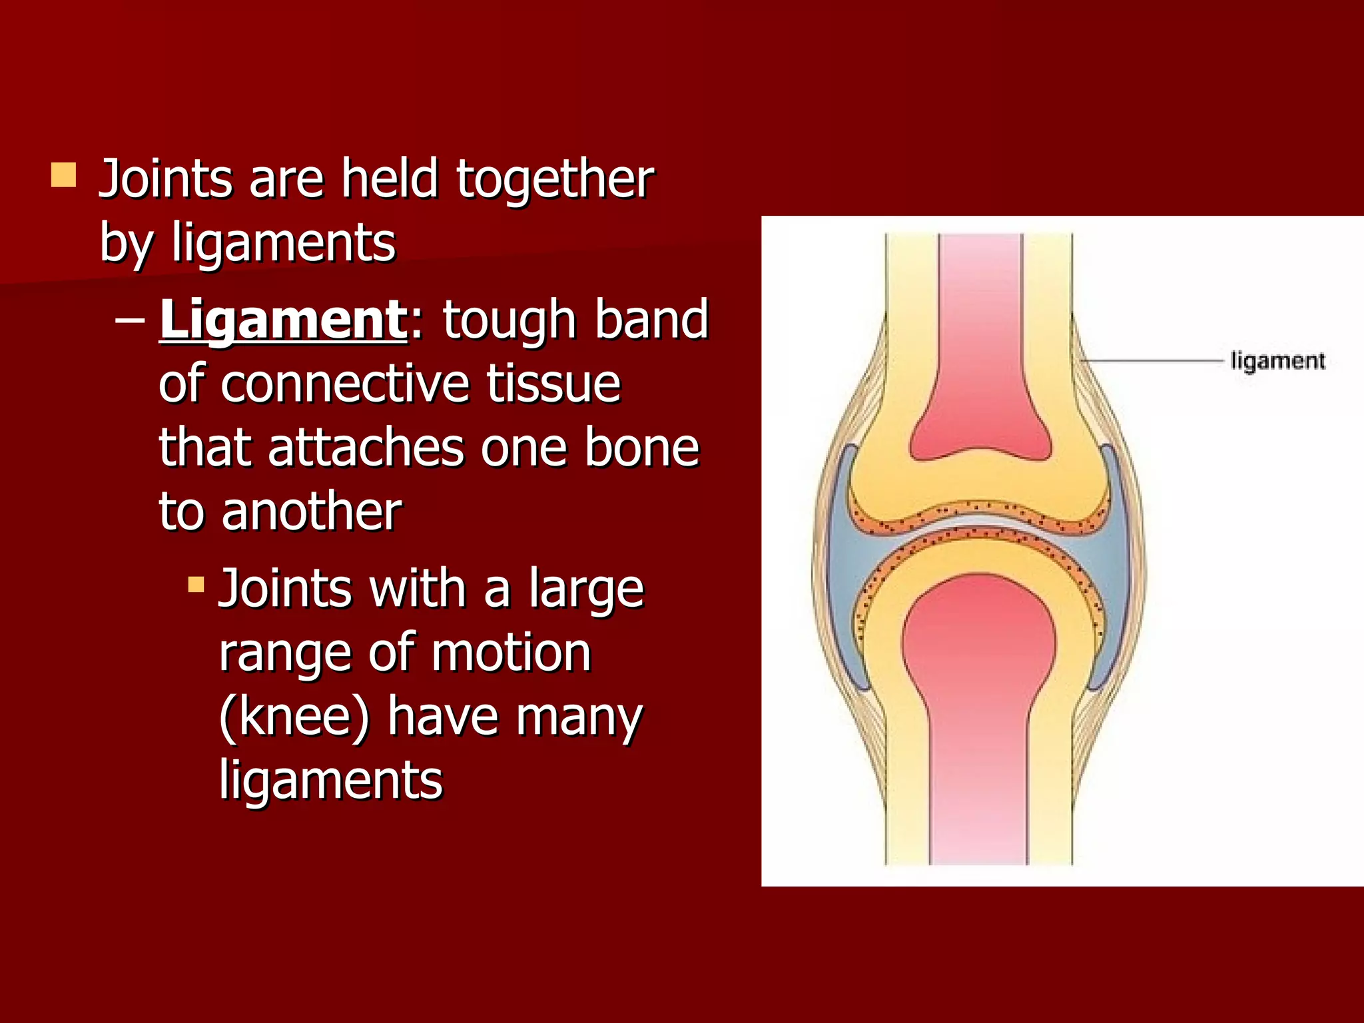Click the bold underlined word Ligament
(282, 320)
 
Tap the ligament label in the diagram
(1277, 361)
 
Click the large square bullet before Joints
(63, 176)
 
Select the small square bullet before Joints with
(196, 585)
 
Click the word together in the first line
(555, 180)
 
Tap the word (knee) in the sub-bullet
(294, 717)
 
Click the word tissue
(553, 384)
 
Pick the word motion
(511, 653)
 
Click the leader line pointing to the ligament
(1152, 360)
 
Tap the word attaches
(366, 448)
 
